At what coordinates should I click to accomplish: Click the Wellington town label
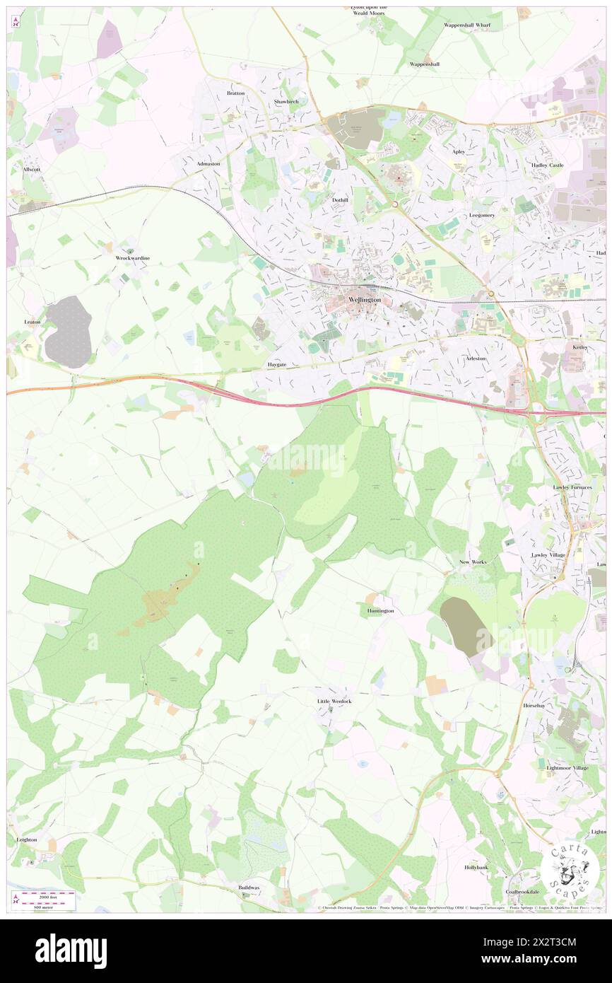click(365, 300)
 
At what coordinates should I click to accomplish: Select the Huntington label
click(380, 610)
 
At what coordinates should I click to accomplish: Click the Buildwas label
click(249, 887)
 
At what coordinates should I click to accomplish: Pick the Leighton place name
click(26, 839)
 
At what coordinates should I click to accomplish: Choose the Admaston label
click(208, 163)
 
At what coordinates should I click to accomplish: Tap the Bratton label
click(235, 93)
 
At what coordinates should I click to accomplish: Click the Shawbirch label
click(286, 102)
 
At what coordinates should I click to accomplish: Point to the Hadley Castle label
click(548, 165)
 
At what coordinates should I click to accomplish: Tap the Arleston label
click(476, 359)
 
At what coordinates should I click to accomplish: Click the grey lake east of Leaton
click(68, 331)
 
